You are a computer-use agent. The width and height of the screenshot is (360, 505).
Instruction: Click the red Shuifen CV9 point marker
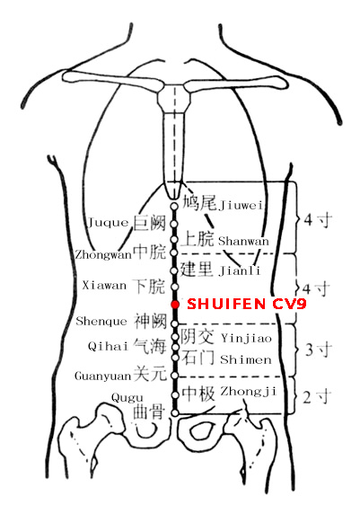[175, 304]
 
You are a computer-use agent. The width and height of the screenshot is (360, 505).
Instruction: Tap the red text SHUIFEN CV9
[247, 304]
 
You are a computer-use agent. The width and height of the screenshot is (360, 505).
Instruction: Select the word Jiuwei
[241, 205]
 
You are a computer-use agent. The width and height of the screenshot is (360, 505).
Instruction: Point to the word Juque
[108, 223]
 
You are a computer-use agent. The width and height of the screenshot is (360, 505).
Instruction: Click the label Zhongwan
[103, 255]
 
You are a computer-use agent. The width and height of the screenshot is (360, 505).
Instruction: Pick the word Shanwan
[243, 241]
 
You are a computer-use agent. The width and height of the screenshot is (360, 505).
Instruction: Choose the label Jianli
[240, 270]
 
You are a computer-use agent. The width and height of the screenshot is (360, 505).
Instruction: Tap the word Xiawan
[104, 286]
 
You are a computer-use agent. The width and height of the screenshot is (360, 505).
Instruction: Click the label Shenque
[101, 321]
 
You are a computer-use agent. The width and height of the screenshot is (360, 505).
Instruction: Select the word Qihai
[108, 346]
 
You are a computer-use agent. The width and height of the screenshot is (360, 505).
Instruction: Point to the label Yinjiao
[247, 338]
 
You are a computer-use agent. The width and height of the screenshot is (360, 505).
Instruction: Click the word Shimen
[246, 359]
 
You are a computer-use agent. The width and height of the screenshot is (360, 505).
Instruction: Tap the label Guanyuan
[103, 376]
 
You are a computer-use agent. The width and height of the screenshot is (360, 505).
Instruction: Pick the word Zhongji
[248, 391]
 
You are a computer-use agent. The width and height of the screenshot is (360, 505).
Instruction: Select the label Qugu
[127, 398]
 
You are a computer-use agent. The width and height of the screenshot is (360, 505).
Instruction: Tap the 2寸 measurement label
[317, 396]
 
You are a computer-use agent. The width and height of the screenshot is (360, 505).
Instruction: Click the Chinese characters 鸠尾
[199, 202]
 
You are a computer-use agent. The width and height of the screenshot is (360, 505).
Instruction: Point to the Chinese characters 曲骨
[149, 412]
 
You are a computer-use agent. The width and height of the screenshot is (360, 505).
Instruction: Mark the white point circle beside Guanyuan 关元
[175, 376]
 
